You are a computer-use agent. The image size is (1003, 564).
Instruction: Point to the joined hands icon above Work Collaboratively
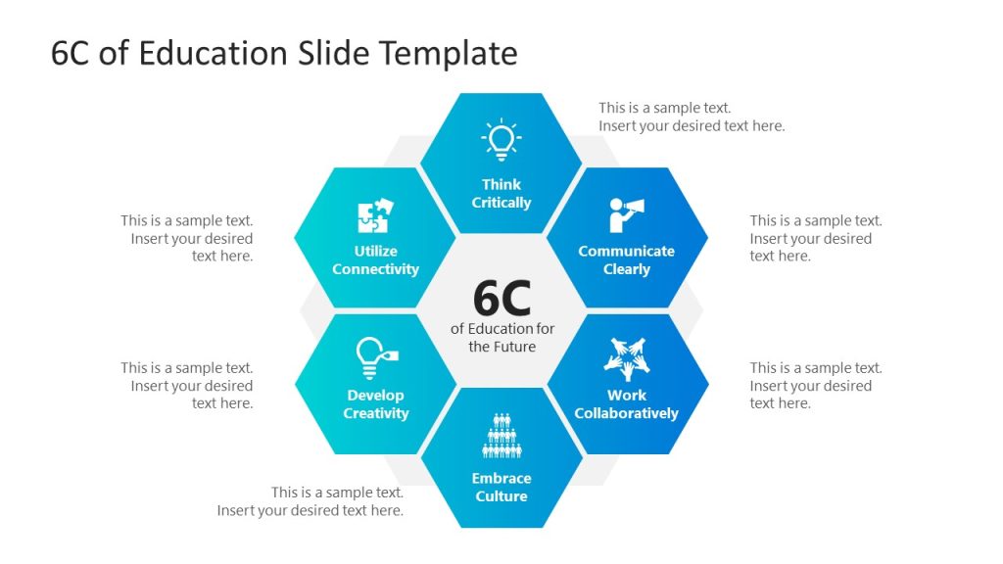click(627, 359)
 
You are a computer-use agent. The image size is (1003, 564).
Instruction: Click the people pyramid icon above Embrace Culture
click(501, 437)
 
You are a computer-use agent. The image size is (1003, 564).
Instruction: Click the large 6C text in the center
click(501, 298)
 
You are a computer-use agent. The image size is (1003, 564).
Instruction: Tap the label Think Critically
click(501, 194)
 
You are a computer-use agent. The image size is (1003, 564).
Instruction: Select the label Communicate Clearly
click(627, 260)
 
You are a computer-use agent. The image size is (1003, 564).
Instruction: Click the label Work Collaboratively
click(627, 404)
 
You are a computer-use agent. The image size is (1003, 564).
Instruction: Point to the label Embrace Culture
click(501, 488)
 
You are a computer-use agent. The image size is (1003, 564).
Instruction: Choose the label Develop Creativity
click(375, 404)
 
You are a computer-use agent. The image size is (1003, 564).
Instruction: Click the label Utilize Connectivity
click(375, 260)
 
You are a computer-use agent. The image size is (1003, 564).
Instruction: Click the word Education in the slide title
click(213, 54)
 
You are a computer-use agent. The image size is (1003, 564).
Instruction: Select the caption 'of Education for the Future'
click(501, 338)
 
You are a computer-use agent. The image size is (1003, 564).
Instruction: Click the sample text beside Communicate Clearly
click(816, 239)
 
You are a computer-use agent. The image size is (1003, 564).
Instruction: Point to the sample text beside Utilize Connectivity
click(187, 239)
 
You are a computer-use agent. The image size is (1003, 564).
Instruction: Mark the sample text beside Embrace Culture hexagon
click(310, 501)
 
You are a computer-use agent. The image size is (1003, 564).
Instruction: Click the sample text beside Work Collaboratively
click(816, 386)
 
